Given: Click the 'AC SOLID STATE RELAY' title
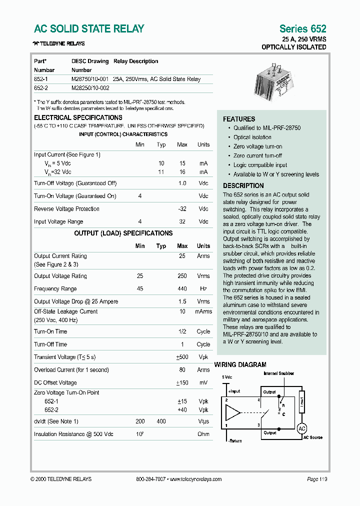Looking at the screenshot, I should (89, 29).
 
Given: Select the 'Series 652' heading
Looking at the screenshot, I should (302, 29).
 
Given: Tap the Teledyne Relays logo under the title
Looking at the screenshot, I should (59, 43).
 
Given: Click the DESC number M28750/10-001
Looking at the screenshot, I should (90, 79).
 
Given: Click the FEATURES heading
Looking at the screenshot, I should (239, 119).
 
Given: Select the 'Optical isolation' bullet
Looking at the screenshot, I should (252, 137).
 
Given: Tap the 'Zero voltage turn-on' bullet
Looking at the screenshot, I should (257, 146).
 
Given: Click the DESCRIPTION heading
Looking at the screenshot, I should (243, 185).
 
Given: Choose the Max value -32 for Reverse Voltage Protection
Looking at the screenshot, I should (182, 209).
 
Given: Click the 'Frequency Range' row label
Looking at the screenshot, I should (55, 289).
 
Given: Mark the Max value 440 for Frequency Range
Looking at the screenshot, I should (182, 289).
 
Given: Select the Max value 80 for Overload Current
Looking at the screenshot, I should (182, 370).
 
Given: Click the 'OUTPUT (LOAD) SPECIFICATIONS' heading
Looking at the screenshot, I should (123, 233).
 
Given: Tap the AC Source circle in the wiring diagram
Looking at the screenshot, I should (301, 428).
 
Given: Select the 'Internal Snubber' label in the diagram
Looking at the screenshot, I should (278, 373).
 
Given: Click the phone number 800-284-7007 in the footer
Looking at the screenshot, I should (150, 479).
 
